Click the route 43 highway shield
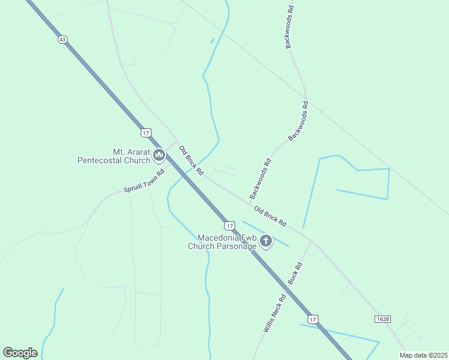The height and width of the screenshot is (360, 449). [x=63, y=39]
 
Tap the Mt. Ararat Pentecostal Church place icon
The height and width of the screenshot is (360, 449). [x=159, y=156]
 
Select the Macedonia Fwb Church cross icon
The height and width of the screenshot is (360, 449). [x=266, y=241]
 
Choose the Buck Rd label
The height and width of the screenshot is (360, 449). [x=294, y=273]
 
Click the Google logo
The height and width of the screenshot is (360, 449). [x=20, y=352]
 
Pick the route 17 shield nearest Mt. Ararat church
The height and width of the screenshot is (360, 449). [x=146, y=132]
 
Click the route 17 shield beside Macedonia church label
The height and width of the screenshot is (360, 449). [x=229, y=226]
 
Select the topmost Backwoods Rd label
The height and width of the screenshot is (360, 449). [x=289, y=28]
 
